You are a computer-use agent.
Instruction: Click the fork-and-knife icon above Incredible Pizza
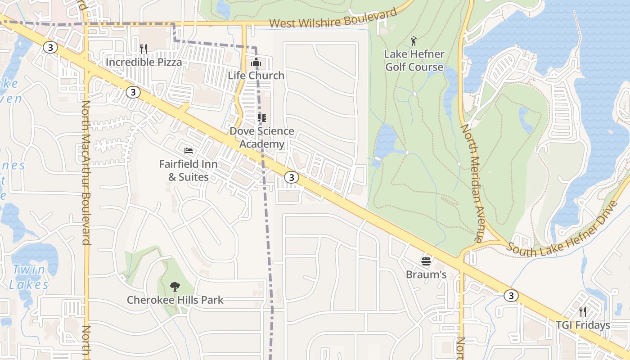[x=144, y=49]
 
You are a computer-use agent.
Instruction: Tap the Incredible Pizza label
[x=144, y=62]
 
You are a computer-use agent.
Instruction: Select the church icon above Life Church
[x=256, y=62]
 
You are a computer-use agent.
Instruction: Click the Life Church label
[x=256, y=75]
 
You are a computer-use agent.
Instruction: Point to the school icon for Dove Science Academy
[x=261, y=118]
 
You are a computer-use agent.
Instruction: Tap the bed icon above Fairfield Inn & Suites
[x=189, y=151]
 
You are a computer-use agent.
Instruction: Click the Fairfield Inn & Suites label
[x=189, y=171]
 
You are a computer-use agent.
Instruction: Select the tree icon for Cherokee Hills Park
[x=175, y=286]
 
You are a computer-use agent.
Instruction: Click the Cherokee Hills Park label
[x=175, y=300]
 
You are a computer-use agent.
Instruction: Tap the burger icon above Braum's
[x=426, y=261]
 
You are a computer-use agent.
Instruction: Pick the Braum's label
[x=426, y=274]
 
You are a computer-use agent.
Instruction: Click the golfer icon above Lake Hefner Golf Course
[x=414, y=41]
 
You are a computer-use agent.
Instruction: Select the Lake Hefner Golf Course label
[x=414, y=61]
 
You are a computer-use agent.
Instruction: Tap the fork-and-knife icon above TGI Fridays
[x=583, y=311]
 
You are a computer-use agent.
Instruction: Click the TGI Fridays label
[x=583, y=325]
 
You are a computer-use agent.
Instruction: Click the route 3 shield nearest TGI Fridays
[x=510, y=296]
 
